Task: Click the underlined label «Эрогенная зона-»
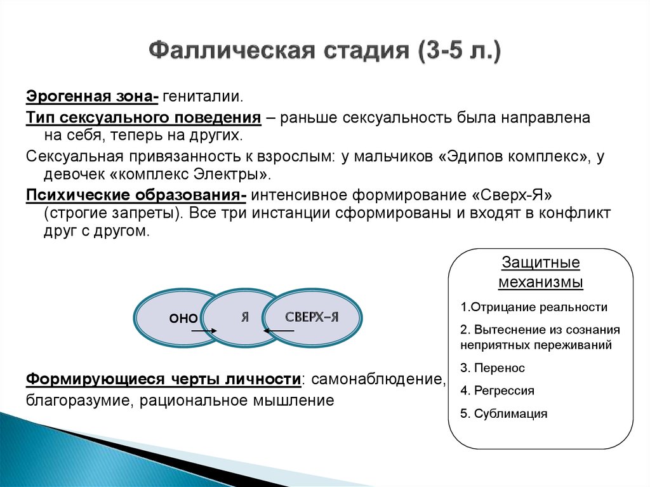(92, 97)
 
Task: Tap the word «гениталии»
(202, 97)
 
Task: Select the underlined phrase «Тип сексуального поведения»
(143, 117)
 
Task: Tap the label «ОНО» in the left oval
(183, 319)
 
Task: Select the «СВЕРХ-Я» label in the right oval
(311, 317)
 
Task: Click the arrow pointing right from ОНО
(204, 331)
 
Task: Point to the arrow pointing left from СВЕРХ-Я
(279, 331)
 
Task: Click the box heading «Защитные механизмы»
(540, 272)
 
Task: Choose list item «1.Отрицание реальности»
(534, 307)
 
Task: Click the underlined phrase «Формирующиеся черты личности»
(163, 380)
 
